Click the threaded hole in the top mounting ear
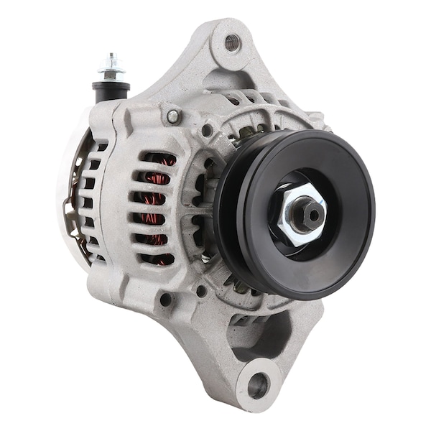click(232, 43)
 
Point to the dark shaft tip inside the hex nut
click(311, 210)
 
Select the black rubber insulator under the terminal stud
click(111, 90)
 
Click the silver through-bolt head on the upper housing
click(173, 116)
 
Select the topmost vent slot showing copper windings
click(157, 159)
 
